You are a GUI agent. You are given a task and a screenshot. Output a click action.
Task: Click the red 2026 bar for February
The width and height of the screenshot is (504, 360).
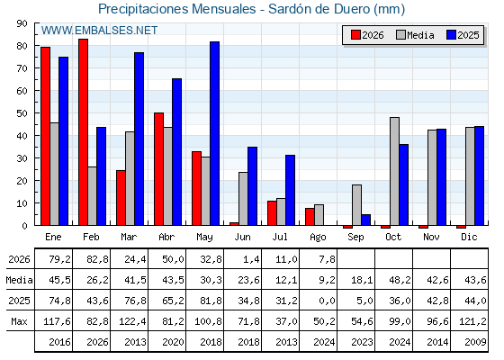(x=83, y=132)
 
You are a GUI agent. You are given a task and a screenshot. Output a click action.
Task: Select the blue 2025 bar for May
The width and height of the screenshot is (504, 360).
(x=215, y=133)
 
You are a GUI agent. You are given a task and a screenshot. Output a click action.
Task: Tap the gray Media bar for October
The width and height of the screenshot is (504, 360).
(x=395, y=171)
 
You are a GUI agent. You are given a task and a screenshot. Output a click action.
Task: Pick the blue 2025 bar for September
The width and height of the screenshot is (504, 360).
(x=366, y=220)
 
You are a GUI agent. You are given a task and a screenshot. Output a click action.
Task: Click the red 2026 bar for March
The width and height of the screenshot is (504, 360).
(x=121, y=198)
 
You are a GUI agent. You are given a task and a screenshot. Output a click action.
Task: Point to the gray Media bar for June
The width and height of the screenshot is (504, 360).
(x=243, y=199)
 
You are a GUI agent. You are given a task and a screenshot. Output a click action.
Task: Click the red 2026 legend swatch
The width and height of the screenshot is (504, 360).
(x=355, y=35)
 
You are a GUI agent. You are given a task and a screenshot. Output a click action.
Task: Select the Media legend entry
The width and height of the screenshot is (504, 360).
(x=415, y=35)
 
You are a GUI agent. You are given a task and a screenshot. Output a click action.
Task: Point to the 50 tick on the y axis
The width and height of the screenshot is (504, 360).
(x=37, y=113)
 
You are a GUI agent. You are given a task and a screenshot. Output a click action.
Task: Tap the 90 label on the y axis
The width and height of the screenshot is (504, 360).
(x=22, y=23)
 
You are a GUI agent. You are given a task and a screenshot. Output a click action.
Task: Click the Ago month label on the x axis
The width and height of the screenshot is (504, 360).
(x=318, y=238)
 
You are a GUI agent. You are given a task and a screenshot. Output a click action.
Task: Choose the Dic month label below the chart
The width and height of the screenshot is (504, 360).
(x=469, y=237)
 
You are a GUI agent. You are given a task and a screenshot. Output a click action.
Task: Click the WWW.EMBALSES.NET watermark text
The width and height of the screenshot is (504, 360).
(x=99, y=31)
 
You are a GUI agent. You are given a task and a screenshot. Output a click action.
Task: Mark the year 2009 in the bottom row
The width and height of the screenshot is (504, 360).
(x=475, y=342)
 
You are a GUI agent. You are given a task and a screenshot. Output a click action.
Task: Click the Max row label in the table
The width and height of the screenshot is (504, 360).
(x=19, y=321)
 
